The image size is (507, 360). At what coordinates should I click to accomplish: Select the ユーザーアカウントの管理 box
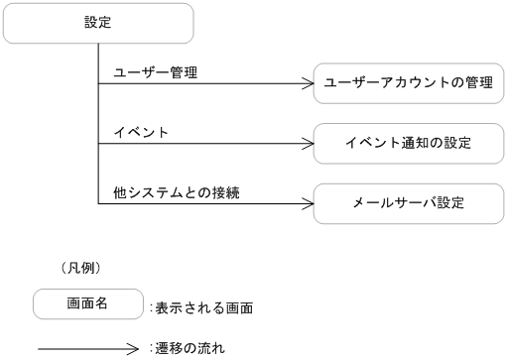408,83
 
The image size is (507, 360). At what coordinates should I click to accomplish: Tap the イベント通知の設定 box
408,143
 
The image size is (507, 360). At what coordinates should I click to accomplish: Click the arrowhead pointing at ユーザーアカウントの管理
307,84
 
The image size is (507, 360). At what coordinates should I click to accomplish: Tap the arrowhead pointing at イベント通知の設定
307,144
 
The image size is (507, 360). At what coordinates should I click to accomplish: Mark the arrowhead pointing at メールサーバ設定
307,203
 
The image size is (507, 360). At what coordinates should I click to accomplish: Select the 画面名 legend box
87,304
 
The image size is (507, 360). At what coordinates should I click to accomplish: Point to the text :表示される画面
200,308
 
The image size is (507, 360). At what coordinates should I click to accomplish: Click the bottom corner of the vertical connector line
98,203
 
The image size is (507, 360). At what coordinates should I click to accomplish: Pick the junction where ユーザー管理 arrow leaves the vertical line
98,84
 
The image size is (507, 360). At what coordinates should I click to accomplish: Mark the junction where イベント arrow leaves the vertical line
98,144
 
